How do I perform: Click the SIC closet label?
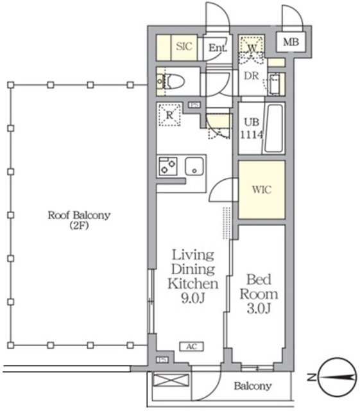pyautogui.click(x=184, y=46)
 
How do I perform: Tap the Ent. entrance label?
pyautogui.click(x=218, y=48)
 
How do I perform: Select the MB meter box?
pyautogui.click(x=291, y=42)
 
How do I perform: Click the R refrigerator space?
pyautogui.click(x=169, y=114)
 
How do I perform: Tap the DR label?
pyautogui.click(x=252, y=76)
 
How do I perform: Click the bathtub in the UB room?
pyautogui.click(x=274, y=128)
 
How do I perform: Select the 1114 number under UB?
pyautogui.click(x=252, y=135)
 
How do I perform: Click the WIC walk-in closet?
pyautogui.click(x=261, y=189)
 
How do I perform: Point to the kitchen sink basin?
pyautogui.click(x=194, y=166)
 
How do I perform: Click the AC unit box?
pyautogui.click(x=191, y=347)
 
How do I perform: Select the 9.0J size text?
pyautogui.click(x=193, y=298)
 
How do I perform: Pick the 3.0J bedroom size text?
pyautogui.click(x=259, y=309)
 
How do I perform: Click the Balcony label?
pyautogui.click(x=253, y=386)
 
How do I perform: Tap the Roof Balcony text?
pyautogui.click(x=79, y=215)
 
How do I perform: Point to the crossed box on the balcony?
pyautogui.click(x=171, y=380)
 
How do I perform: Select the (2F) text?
pyautogui.click(x=79, y=225)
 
